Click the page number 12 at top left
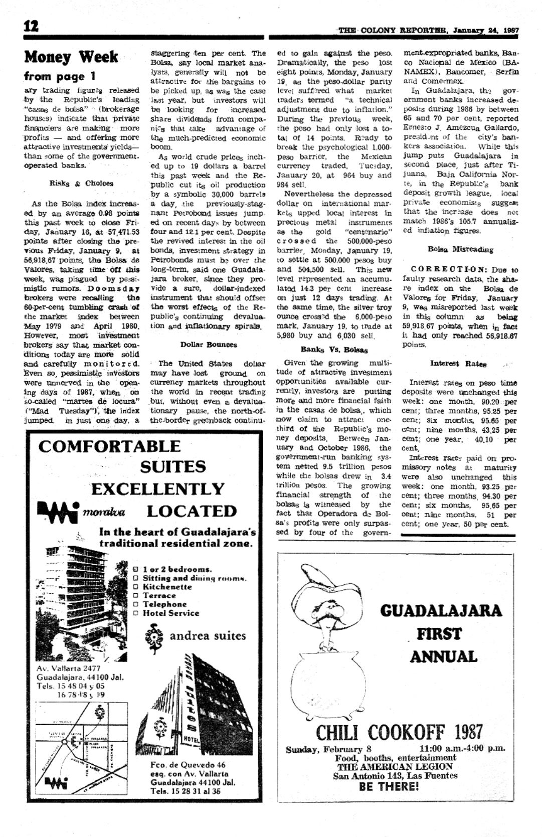pos(31,27)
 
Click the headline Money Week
pos(71,57)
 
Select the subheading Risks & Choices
pos(81,184)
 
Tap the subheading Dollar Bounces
pos(209,345)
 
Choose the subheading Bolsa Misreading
pos(460,249)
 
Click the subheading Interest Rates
pos(458,364)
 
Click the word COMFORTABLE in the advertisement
pos(109,446)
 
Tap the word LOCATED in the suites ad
pos(192,511)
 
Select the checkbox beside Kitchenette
pos(136,587)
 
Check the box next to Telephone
pos(136,604)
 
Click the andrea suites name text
pos(208,636)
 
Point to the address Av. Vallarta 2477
pos(69,668)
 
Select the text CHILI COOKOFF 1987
pos(399,733)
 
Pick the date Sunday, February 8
pos(328,750)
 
